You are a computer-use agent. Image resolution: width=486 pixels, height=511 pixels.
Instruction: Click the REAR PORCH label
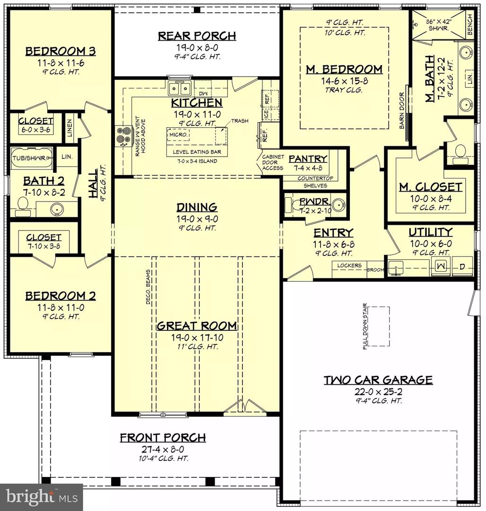197,36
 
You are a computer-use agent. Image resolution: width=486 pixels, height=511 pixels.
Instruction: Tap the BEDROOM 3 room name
61,51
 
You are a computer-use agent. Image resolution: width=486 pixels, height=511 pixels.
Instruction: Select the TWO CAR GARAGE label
378,379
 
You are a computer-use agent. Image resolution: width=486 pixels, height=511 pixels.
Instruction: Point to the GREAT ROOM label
197,326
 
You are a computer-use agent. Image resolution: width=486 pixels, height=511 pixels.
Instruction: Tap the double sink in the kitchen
179,88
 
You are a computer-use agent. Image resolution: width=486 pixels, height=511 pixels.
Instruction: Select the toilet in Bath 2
21,203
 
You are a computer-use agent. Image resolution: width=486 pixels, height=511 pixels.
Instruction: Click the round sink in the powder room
338,205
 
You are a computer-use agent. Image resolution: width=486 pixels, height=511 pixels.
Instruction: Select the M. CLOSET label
430,187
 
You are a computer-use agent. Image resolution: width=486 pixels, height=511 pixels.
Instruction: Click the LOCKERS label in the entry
349,266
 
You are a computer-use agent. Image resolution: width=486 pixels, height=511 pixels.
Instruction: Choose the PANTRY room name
308,159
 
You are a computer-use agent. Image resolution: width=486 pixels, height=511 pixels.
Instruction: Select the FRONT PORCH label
163,438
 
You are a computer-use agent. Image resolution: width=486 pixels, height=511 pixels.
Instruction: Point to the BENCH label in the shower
469,24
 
